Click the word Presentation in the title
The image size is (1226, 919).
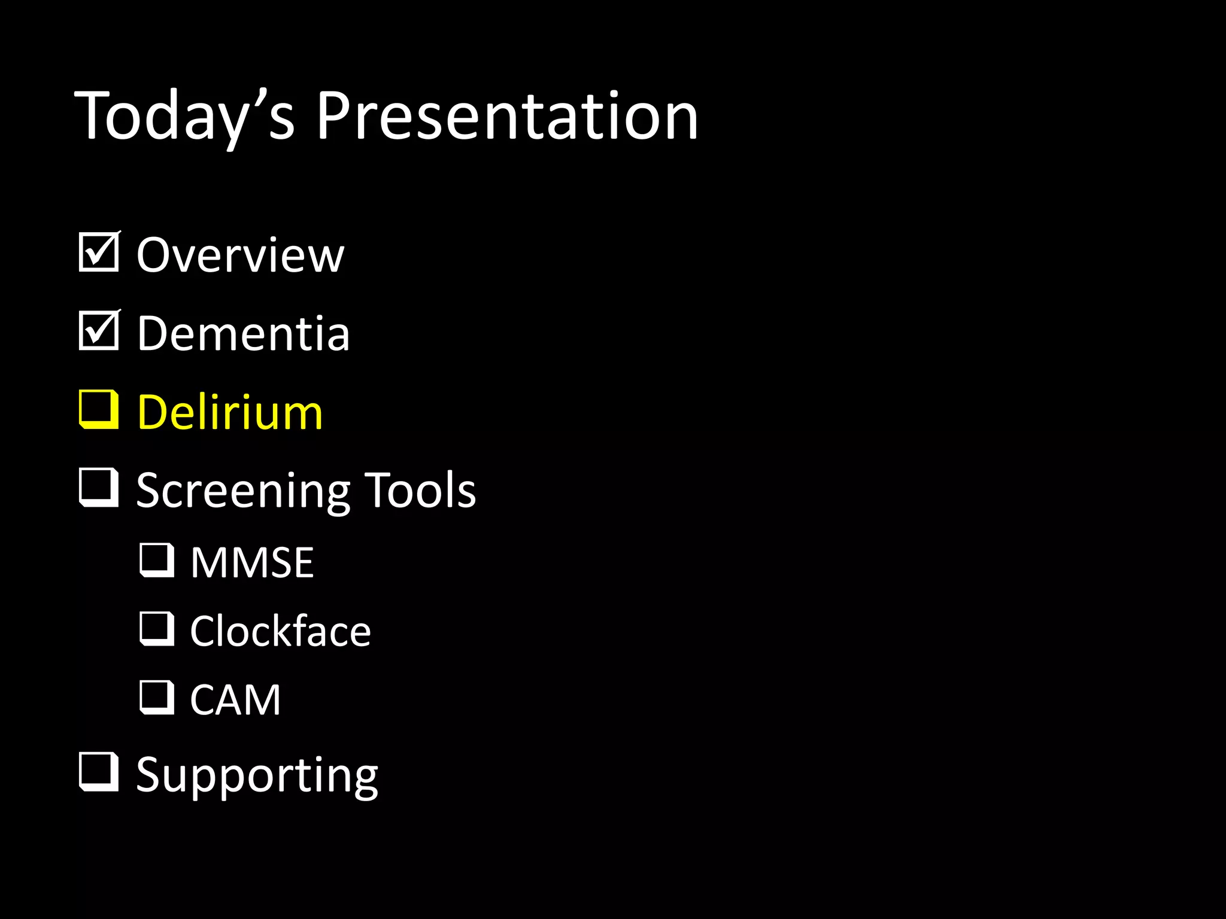506,117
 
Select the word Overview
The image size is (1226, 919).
240,255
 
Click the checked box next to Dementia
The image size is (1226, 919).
98,331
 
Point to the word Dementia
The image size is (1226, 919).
243,334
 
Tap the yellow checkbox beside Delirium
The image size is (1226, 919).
98,410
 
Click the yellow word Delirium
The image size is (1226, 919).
230,413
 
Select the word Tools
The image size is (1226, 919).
420,491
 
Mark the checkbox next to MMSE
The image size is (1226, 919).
157,561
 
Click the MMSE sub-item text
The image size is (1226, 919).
252,563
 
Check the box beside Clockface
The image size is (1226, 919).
157,629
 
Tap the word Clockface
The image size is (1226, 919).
280,632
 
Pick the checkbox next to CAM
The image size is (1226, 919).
157,698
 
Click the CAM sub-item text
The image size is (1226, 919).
235,700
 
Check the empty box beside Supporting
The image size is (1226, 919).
98,772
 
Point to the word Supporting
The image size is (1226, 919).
257,776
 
